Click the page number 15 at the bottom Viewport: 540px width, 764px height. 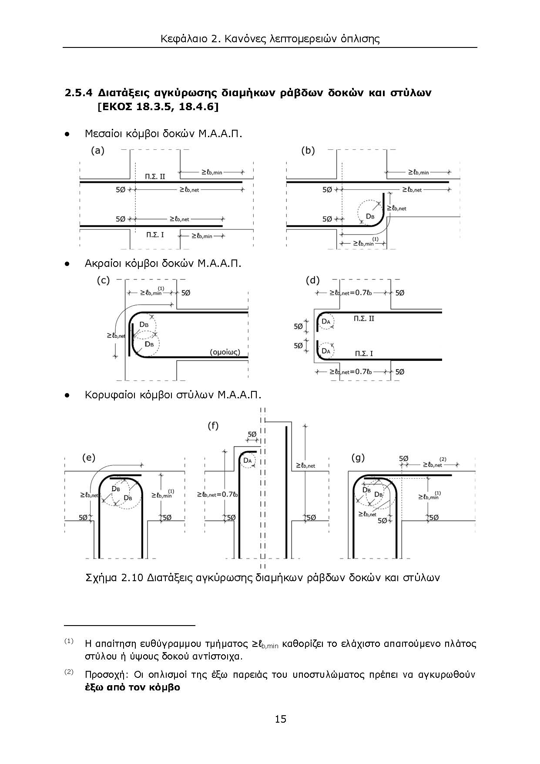click(281, 719)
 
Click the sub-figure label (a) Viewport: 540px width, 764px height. click(97, 151)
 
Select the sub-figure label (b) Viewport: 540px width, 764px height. click(308, 151)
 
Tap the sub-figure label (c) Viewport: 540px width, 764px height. click(103, 280)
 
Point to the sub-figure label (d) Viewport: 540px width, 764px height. click(312, 280)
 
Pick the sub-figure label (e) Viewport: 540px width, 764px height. click(89, 458)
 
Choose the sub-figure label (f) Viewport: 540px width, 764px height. click(213, 426)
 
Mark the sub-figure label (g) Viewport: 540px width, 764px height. click(358, 458)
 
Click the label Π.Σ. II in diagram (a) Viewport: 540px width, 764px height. click(155, 176)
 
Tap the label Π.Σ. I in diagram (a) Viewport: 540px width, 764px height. click(155, 235)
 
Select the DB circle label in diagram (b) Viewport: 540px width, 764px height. click(370, 216)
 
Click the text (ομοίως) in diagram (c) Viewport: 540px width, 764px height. click(225, 352)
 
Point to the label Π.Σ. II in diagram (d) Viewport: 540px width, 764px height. click(364, 319)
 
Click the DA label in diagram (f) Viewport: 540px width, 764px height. click(248, 461)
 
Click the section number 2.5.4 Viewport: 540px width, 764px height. click(79, 93)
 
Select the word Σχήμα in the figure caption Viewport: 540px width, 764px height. click(101, 578)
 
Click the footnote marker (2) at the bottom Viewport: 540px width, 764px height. click(69, 672)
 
